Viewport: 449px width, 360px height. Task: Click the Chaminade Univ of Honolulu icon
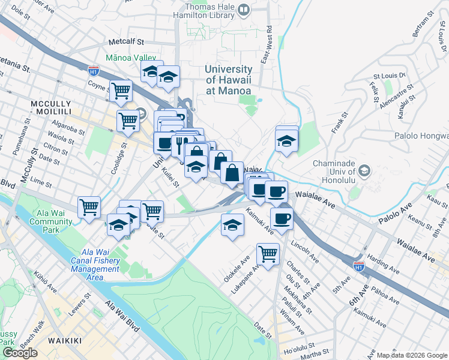[364, 172]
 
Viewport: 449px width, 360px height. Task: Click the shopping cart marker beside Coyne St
[121, 91]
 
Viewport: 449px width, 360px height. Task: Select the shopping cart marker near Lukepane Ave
[267, 253]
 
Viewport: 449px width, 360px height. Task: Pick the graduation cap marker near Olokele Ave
[232, 225]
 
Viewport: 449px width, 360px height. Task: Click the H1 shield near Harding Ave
[359, 265]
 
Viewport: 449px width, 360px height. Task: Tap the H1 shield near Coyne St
[94, 70]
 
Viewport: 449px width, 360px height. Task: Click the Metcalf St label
[127, 43]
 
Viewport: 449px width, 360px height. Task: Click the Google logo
[20, 353]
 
